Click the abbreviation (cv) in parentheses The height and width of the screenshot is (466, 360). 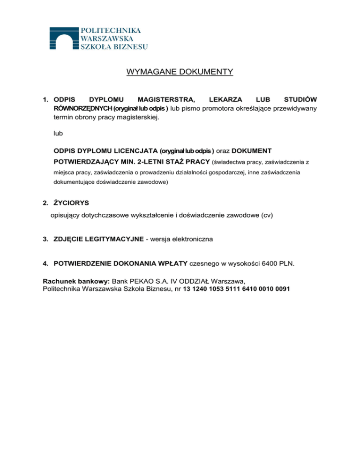point(267,216)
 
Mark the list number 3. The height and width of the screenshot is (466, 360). point(45,239)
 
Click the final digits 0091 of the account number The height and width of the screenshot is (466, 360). point(281,289)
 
